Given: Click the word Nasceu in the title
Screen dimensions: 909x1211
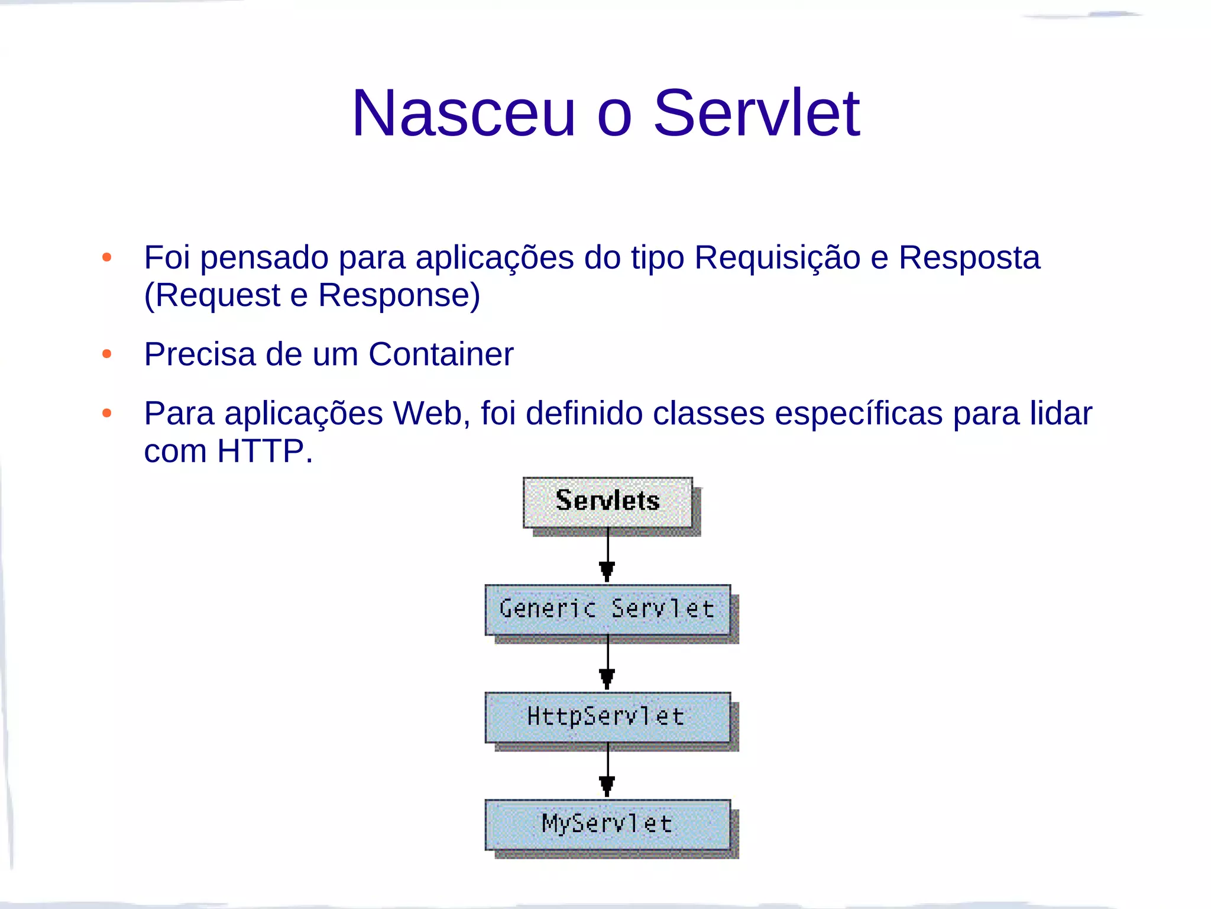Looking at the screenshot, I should pyautogui.click(x=464, y=114).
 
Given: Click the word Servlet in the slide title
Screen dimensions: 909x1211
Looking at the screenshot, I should pyautogui.click(x=756, y=114).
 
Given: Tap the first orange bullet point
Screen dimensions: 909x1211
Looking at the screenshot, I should pyautogui.click(x=107, y=257).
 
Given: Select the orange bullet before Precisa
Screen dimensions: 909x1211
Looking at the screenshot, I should pyautogui.click(x=107, y=354).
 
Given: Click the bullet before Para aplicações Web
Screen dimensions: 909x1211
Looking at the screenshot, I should pyautogui.click(x=107, y=413).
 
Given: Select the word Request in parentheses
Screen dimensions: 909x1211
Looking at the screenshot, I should pyautogui.click(x=218, y=295).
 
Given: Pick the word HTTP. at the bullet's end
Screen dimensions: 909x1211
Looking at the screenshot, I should pyautogui.click(x=264, y=452).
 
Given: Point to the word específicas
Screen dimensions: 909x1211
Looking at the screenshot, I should pyautogui.click(x=859, y=414).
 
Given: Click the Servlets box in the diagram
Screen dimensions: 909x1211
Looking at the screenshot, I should pyautogui.click(x=607, y=502).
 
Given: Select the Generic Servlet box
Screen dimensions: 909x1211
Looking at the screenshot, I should pyautogui.click(x=607, y=610).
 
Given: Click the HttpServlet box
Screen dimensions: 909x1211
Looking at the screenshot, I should pyautogui.click(x=607, y=717).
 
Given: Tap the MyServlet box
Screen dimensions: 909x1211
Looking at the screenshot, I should pyautogui.click(x=607, y=824).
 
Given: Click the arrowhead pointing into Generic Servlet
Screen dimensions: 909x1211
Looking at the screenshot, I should pyautogui.click(x=607, y=571).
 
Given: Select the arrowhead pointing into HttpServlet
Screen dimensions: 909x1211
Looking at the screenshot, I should pyautogui.click(x=607, y=678).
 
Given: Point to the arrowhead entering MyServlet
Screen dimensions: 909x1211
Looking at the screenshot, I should pyautogui.click(x=607, y=786).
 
